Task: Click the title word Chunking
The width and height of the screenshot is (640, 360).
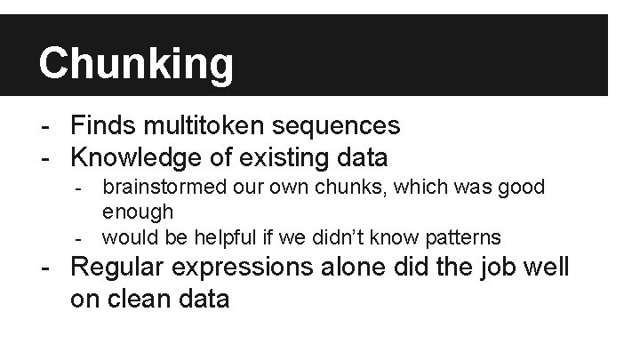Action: click(x=136, y=63)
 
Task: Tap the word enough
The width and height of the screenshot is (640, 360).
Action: click(x=138, y=212)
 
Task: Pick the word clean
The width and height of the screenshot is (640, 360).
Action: click(x=140, y=299)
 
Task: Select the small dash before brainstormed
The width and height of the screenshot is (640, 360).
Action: click(x=79, y=188)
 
